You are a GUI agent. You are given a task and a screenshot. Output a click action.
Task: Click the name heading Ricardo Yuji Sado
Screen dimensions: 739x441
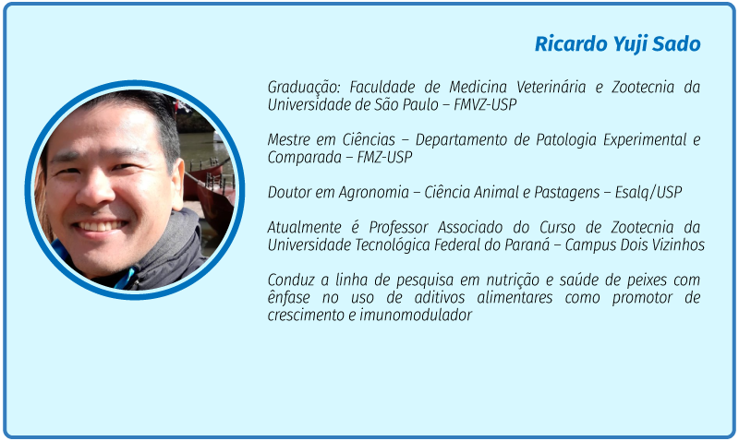tap(617, 43)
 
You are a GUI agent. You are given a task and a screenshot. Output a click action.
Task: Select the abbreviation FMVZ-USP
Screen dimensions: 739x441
tap(485, 104)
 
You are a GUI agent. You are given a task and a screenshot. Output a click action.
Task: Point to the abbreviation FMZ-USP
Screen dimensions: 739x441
tap(384, 157)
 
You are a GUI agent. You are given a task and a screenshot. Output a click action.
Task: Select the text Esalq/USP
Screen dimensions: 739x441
tap(648, 193)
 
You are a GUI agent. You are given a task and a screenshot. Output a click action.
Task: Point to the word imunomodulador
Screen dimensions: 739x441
tap(416, 315)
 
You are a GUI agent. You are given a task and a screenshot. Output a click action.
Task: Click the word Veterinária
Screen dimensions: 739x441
tap(551, 87)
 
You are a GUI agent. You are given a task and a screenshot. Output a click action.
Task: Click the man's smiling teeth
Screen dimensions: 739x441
tap(100, 226)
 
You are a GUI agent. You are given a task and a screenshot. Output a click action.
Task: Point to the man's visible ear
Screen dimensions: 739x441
tap(176, 181)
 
